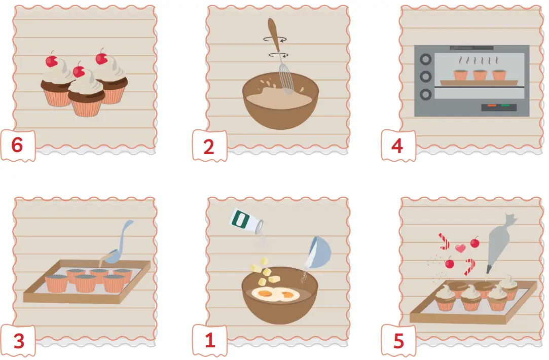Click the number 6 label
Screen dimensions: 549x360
17,145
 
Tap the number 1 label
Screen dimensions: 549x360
210,340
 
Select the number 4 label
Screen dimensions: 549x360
397,146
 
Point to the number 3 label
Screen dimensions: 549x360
19,341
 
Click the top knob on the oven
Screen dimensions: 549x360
425,59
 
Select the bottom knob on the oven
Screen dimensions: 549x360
425,94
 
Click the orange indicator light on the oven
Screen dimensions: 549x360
492,105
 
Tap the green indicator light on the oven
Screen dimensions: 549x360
505,105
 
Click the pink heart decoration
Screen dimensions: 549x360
460,248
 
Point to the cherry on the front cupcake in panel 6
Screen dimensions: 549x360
79,71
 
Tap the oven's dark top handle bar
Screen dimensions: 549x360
471,48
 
